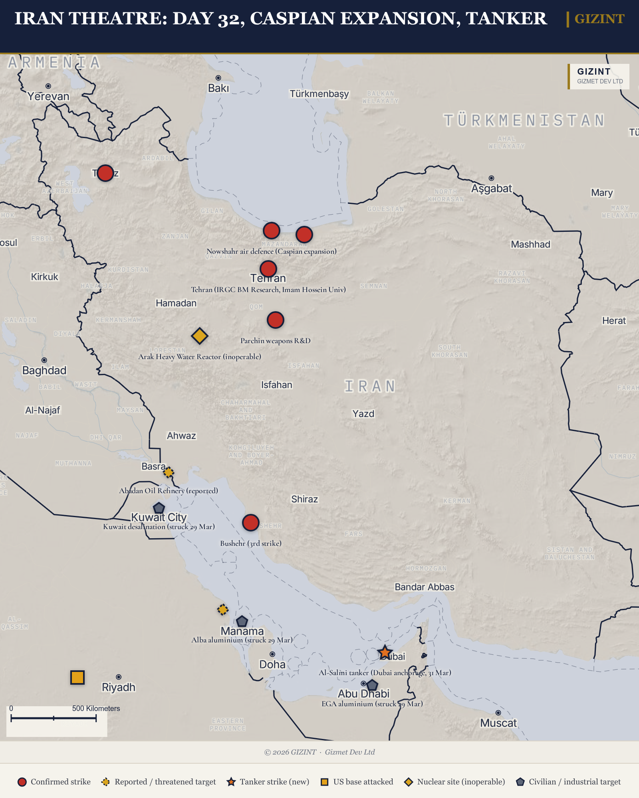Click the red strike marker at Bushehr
[251, 522]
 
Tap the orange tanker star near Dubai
[385, 653]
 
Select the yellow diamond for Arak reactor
[199, 336]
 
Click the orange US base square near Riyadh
[77, 677]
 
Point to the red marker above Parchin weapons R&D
[275, 320]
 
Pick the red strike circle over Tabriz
[105, 173]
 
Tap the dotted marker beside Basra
[169, 472]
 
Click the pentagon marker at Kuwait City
[159, 508]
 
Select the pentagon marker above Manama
[242, 621]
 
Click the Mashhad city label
[530, 244]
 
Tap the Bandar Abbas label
[425, 587]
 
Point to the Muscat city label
[498, 723]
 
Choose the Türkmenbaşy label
[319, 94]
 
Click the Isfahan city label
[276, 385]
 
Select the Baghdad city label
[44, 371]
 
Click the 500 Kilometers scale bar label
[96, 708]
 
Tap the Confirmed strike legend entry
[54, 782]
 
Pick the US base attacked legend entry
[357, 782]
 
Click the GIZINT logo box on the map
[599, 76]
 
